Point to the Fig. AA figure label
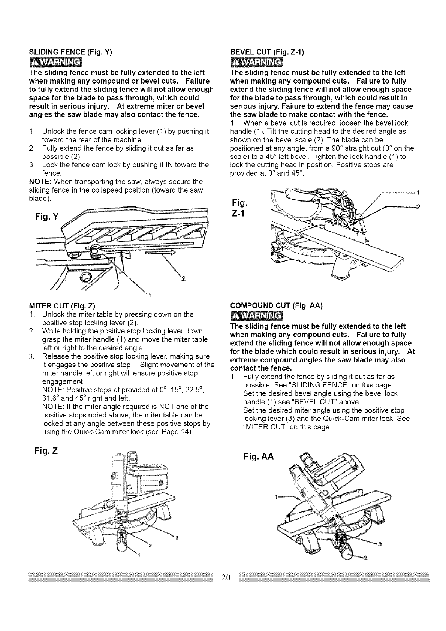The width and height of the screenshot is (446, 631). tap(259, 457)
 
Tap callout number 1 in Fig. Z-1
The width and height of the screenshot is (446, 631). tap(418, 193)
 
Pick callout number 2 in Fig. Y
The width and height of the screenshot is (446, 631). tap(183, 278)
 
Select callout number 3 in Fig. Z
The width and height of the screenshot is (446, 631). tap(177, 538)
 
